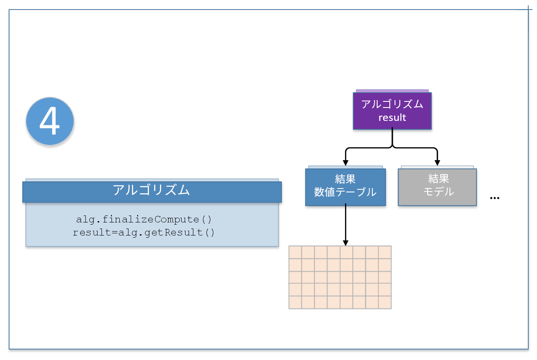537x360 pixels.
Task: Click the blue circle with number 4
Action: coord(50,121)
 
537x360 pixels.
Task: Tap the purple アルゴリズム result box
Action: coord(392,111)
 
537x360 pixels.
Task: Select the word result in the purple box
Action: coord(392,118)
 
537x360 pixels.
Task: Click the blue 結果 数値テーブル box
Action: coord(345,187)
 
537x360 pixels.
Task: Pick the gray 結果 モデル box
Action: coord(437,187)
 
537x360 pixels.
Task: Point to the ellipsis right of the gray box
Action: coord(495,198)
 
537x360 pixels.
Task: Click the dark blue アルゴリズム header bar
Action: coord(152,192)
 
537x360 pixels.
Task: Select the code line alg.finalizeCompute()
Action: coord(144,219)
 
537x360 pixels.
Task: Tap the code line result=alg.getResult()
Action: coord(144,232)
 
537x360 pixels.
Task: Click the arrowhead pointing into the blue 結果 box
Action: coord(345,163)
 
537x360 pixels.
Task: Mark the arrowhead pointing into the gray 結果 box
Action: coord(437,163)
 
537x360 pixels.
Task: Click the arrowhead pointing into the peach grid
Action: coord(345,243)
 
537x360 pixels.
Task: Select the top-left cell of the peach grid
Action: coord(295,252)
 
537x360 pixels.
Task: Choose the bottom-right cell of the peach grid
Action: coord(385,303)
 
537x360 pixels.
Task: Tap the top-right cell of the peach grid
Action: coord(385,252)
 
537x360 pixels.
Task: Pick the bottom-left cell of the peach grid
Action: coord(295,303)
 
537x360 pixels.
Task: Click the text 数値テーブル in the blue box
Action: coord(345,192)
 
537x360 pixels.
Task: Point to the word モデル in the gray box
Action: coord(439,192)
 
